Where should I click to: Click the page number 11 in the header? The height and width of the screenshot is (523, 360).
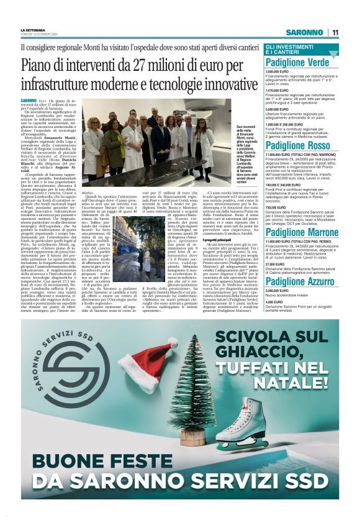pyautogui.click(x=335, y=32)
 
